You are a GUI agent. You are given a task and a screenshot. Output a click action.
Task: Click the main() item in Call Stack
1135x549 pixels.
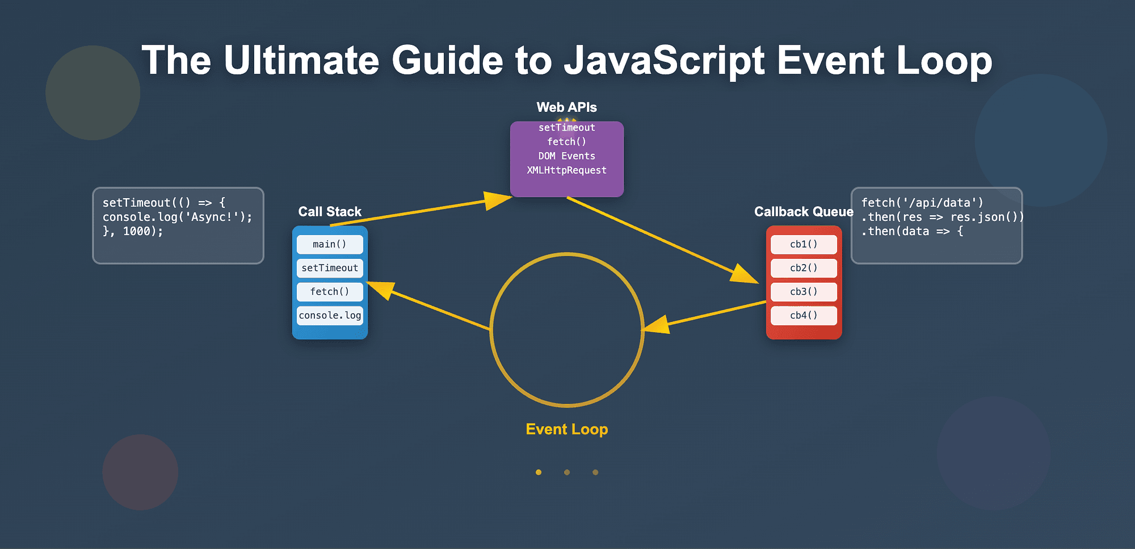tap(330, 244)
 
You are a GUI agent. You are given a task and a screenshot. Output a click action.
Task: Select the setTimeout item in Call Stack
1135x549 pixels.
tap(330, 268)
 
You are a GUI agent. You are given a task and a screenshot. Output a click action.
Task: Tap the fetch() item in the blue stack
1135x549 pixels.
tap(330, 292)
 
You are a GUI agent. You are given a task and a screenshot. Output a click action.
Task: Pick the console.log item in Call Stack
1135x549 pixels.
tap(330, 316)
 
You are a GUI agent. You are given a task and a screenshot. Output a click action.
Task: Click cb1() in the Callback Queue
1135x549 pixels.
tap(804, 244)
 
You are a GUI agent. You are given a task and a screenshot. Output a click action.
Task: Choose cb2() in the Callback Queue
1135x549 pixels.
tap(804, 268)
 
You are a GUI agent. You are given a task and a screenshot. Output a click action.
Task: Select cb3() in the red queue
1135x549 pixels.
tap(804, 292)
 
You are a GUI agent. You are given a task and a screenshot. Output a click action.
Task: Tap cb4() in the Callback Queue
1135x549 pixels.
tap(804, 316)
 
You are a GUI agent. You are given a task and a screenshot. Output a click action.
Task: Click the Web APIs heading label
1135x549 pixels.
tap(566, 107)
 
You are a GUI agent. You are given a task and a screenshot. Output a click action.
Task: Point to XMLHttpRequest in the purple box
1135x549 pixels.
tap(566, 170)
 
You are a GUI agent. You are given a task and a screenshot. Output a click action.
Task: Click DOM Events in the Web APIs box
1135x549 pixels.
tap(566, 156)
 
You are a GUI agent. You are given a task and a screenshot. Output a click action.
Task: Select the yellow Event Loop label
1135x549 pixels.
tap(566, 429)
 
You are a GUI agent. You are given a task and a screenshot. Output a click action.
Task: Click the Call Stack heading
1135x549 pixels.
tap(330, 212)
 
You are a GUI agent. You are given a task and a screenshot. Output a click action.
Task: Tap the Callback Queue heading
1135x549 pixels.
tap(804, 212)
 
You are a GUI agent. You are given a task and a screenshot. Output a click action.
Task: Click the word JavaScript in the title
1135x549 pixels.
tap(664, 61)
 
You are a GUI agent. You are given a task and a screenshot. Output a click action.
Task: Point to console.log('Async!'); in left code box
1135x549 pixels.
tap(177, 217)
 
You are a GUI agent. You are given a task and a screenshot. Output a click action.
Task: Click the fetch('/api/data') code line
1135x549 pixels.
tap(922, 203)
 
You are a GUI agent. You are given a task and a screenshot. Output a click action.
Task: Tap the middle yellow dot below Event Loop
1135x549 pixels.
tap(566, 472)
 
